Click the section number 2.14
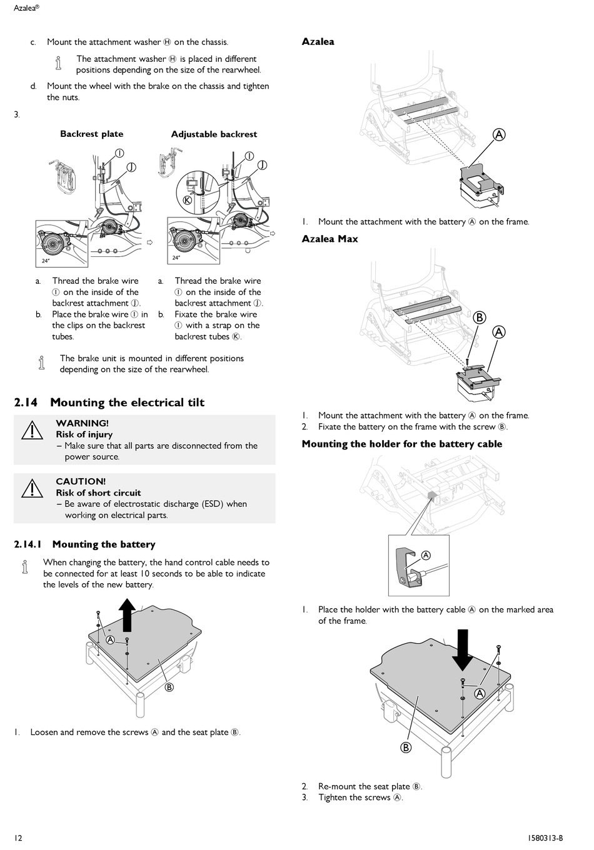(x=26, y=402)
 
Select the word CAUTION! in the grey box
(x=81, y=481)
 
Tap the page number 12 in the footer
(x=18, y=838)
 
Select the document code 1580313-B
(x=541, y=838)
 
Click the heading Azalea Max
(x=330, y=239)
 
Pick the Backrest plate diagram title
(x=91, y=134)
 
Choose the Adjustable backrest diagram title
(x=214, y=134)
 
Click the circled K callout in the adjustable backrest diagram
(x=187, y=201)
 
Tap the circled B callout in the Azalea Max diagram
(x=480, y=317)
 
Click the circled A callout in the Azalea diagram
(x=499, y=134)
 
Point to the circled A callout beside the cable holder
(x=426, y=555)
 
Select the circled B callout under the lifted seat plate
(x=169, y=687)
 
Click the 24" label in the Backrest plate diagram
(x=46, y=260)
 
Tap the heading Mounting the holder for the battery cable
(x=401, y=444)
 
